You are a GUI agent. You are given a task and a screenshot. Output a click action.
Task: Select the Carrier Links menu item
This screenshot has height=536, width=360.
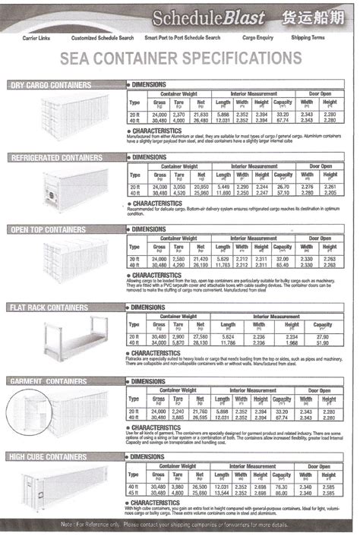pos(36,37)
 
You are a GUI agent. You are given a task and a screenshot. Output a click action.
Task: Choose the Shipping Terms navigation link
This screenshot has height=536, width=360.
pos(307,37)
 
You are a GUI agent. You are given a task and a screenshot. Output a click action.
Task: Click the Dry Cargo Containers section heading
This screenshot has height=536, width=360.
pos(62,85)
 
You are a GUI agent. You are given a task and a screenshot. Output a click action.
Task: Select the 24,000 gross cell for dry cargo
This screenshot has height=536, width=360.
pos(159,114)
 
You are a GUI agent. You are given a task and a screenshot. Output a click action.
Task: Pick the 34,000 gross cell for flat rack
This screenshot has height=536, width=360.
pos(159,342)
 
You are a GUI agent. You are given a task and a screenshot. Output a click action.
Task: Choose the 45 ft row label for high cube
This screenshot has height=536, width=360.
pos(134,492)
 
